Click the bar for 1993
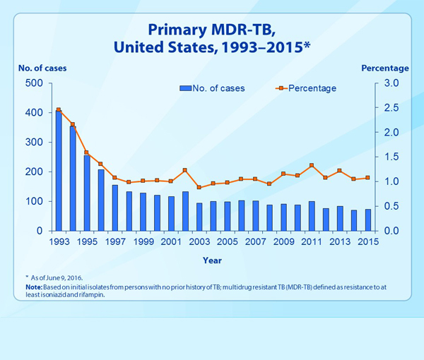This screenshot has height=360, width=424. pos(59,171)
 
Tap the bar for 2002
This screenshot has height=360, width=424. pos(185,211)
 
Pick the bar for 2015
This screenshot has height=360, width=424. pos(367,220)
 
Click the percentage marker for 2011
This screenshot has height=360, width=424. pos(312,166)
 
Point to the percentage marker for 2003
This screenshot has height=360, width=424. pos(199,187)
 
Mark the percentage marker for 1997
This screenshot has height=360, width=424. pos(114,178)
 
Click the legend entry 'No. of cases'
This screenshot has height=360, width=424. pos(213,88)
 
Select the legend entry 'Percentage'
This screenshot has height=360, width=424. pos(305,88)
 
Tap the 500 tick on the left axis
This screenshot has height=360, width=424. pos(35,83)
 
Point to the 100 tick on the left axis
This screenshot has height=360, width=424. pos(35,201)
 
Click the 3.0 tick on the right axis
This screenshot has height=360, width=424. pos(391,83)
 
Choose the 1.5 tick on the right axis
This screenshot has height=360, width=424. pos(391,157)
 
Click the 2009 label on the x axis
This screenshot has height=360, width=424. pos(283,241)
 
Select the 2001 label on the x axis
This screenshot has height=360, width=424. pos(171,241)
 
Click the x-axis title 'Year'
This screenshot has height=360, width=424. pos(212,260)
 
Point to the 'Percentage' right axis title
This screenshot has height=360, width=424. pos(385,68)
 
